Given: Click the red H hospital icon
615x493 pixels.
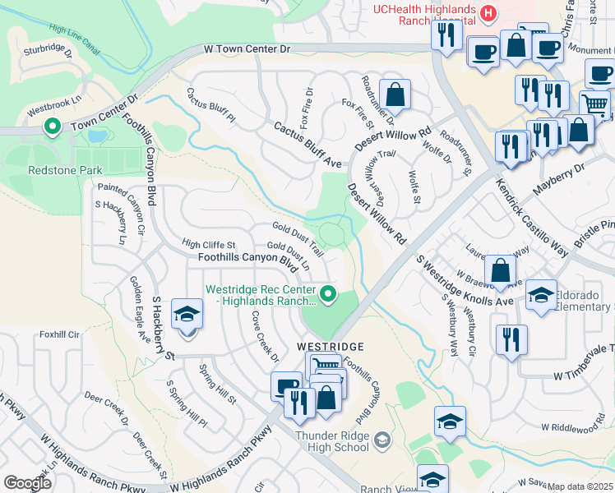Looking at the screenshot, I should pos(489,13).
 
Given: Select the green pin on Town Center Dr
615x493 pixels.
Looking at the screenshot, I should pos(53,127).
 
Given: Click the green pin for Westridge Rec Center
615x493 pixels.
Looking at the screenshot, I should pos(329,293).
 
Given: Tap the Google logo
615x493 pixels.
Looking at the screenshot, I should pos(28,483).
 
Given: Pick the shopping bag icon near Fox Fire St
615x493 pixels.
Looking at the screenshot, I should pos(395,94).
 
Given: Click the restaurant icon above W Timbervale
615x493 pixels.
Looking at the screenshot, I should pos(511,339).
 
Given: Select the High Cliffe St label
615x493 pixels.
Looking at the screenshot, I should pos(209,244).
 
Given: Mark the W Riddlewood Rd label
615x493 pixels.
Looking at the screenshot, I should pos(576,428).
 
